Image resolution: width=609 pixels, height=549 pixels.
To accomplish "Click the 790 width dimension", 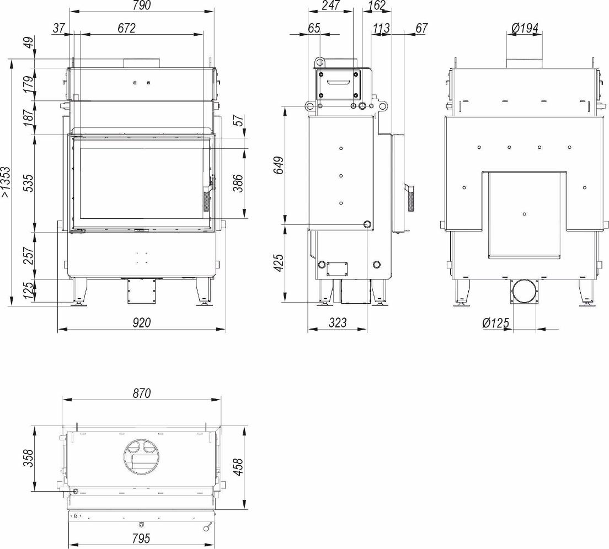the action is pyautogui.click(x=141, y=6).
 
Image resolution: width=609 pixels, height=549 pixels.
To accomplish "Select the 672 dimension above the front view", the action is pyautogui.click(x=127, y=28).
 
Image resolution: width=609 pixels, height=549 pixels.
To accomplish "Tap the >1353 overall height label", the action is pyautogui.click(x=6, y=182).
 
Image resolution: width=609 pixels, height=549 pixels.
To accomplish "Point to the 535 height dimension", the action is pyautogui.click(x=29, y=184).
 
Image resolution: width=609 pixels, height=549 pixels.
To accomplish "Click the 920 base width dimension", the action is pyautogui.click(x=142, y=322).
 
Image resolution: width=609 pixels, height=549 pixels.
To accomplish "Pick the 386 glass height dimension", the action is pyautogui.click(x=238, y=183).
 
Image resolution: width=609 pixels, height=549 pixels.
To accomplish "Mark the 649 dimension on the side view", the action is pyautogui.click(x=279, y=165).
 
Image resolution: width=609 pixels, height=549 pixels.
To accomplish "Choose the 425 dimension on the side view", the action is pyautogui.click(x=279, y=263).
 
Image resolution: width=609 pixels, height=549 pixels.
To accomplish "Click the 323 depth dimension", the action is pyautogui.click(x=338, y=322).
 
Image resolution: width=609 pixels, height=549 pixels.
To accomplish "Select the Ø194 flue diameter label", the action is pyautogui.click(x=525, y=28).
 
